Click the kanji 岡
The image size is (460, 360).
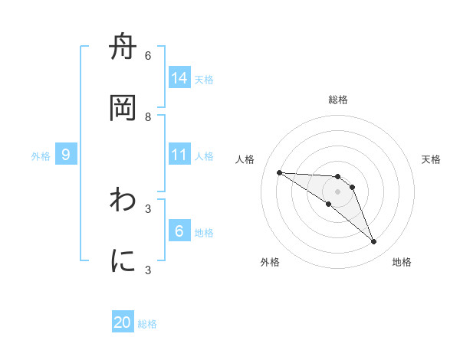coord(123,108)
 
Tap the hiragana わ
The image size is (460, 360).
coord(123,201)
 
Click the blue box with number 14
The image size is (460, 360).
coord(179,77)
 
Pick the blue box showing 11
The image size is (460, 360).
coord(179,155)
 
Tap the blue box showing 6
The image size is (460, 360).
coord(179,231)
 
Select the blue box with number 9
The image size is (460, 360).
coord(66,155)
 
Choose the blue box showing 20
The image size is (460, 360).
coord(123,322)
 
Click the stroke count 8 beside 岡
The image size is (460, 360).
coord(148,116)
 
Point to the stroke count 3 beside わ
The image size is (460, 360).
coord(148,208)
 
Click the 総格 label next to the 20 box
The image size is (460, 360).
coord(147,324)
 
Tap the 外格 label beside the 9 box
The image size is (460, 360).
coord(41,156)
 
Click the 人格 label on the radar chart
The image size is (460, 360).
coord(245,159)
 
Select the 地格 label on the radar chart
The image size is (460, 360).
coord(402,262)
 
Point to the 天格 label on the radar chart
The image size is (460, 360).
coord(431,159)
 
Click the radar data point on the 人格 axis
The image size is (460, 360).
coord(279,172)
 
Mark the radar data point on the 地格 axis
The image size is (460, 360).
coord(373,242)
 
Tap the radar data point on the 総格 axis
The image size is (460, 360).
coord(337,177)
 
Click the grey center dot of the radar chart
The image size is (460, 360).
coord(337,191)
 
